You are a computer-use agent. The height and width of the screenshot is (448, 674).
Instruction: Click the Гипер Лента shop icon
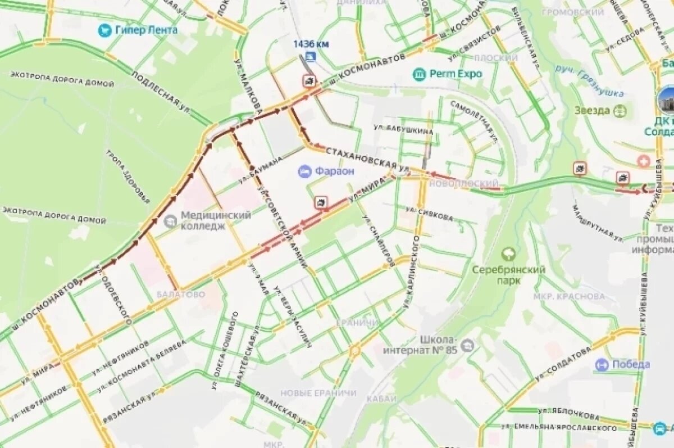pyautogui.click(x=104, y=30)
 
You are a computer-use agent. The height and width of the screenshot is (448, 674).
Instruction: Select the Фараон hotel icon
pyautogui.click(x=304, y=171)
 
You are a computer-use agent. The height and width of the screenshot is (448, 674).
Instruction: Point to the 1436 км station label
pyautogui.click(x=310, y=44)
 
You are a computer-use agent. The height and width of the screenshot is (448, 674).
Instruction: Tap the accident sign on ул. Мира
pyautogui.click(x=321, y=203)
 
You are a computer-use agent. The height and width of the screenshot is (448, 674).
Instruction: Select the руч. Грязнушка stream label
pyautogui.click(x=590, y=80)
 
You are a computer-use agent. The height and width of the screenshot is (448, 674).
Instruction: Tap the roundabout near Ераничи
pyautogui.click(x=354, y=352)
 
